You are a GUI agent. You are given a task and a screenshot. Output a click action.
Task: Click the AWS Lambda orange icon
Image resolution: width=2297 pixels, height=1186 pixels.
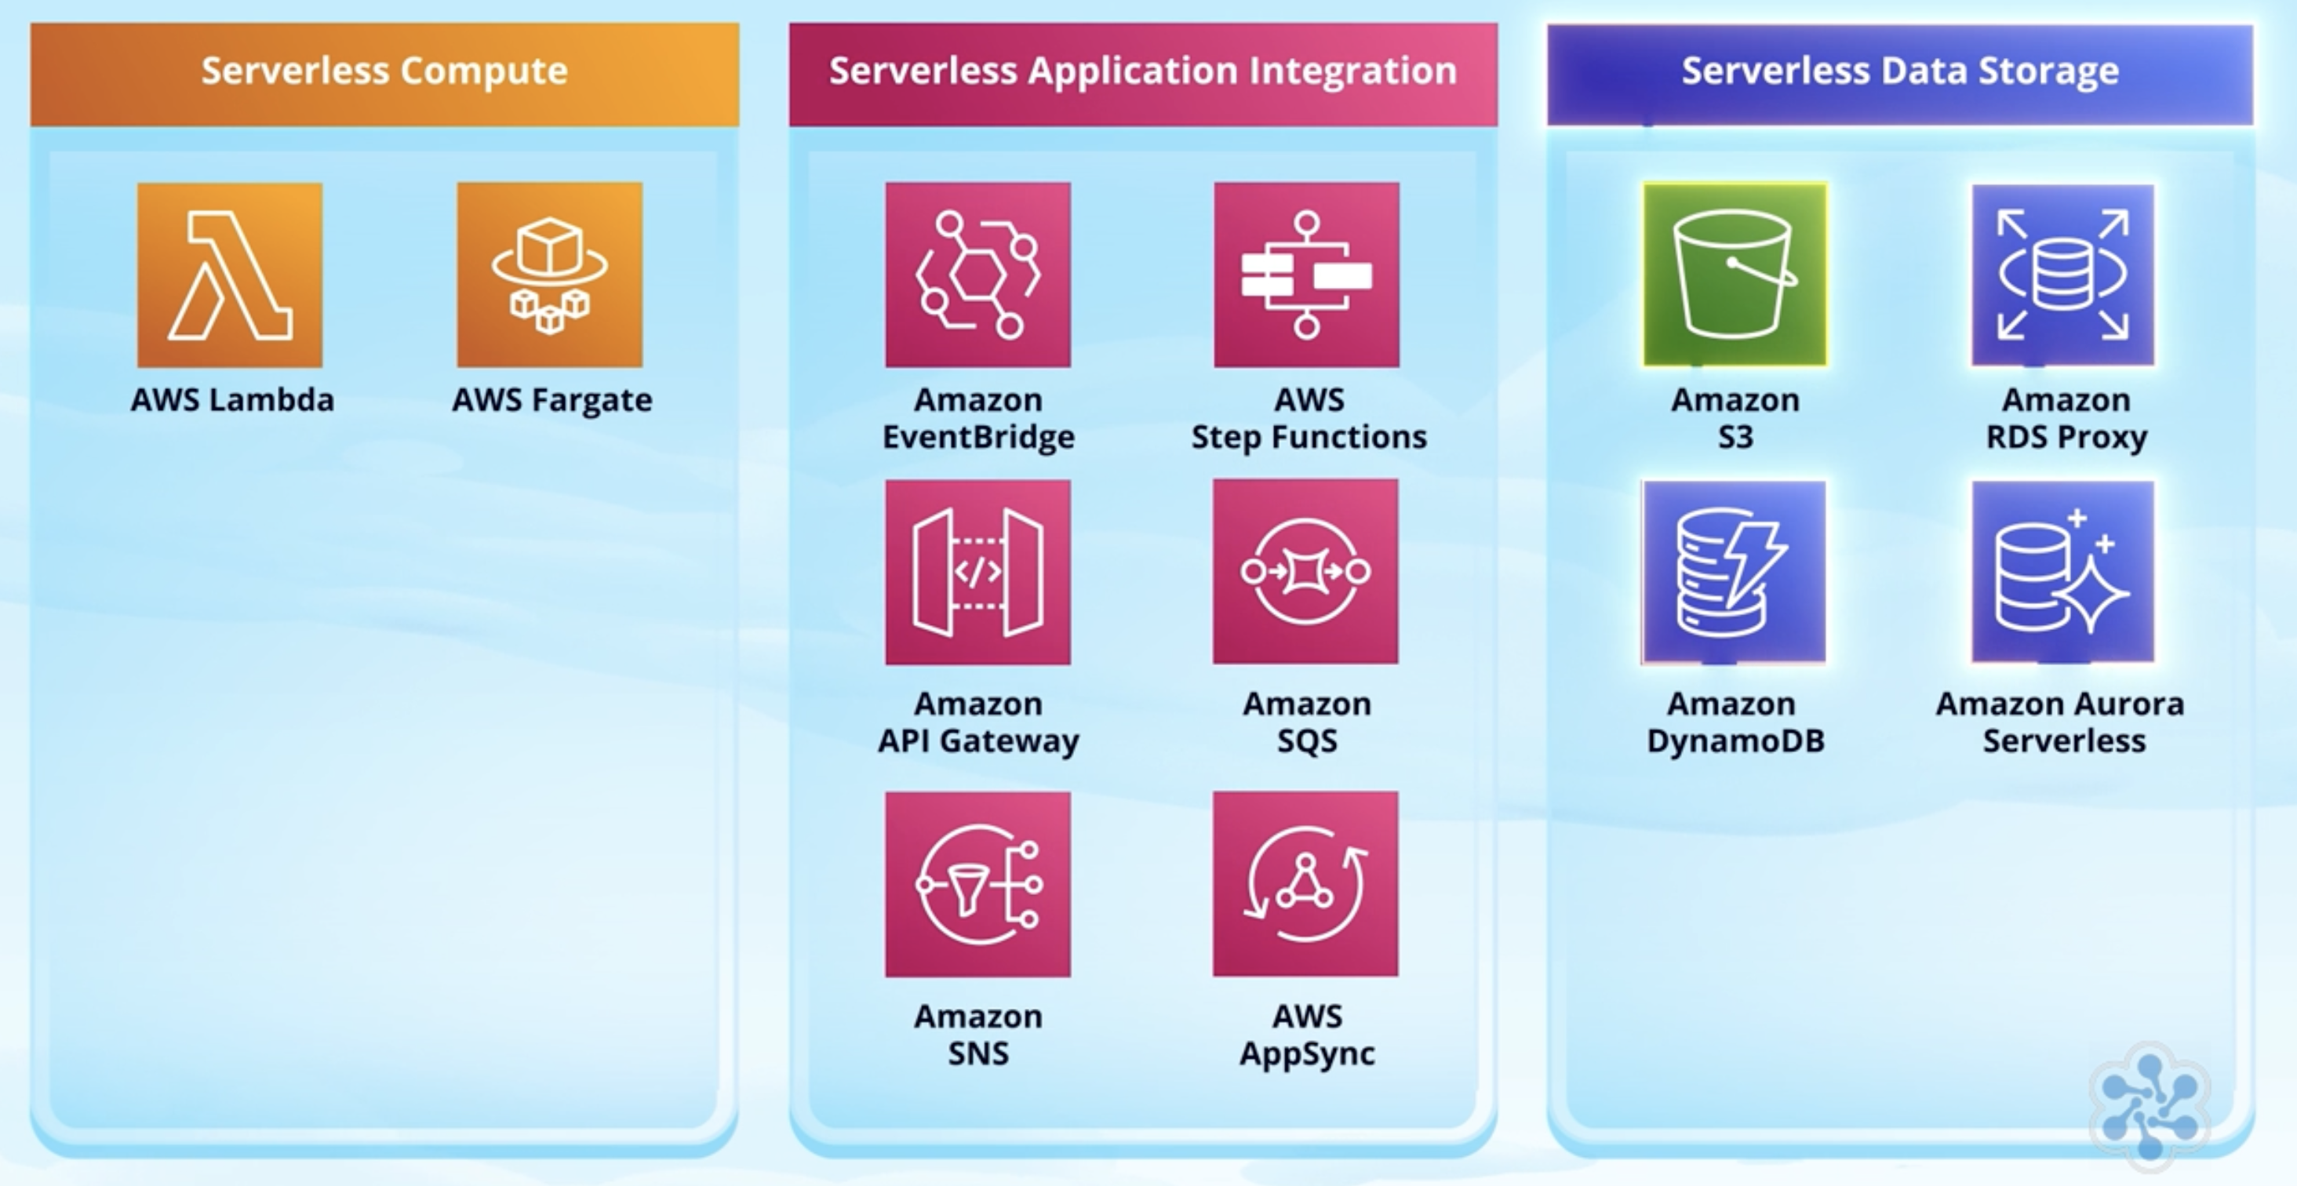coord(230,275)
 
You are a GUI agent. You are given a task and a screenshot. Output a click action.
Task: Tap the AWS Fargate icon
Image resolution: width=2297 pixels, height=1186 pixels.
coord(549,275)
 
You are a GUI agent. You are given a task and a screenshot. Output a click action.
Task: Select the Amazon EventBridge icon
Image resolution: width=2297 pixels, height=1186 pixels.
coord(978,275)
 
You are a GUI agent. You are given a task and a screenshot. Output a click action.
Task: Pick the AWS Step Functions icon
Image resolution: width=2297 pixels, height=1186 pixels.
coord(1306,275)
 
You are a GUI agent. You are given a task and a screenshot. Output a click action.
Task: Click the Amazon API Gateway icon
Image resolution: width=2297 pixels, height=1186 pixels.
coord(978,572)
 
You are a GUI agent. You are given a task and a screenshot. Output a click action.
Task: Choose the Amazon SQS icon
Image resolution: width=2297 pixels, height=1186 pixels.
coord(1305,572)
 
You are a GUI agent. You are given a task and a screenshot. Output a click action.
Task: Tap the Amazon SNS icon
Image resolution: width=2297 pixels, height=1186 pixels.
coord(978,884)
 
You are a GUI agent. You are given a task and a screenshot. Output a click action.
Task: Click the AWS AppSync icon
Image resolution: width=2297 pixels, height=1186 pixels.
coord(1305,884)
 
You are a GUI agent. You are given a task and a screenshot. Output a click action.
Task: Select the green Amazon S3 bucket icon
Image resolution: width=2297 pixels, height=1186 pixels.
coord(1735,275)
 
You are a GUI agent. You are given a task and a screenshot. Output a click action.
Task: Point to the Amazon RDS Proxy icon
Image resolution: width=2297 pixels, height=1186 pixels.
coord(2063,275)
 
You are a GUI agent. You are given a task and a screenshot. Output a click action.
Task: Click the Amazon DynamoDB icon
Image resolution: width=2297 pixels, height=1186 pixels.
coord(1734,572)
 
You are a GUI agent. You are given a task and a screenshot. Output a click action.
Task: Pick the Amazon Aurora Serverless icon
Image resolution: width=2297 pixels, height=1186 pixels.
coord(2063,572)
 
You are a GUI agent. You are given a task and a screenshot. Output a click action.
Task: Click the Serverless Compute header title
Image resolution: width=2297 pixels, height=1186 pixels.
coord(384,71)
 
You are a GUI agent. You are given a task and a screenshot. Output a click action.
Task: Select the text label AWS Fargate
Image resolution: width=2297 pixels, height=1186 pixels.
coord(552,400)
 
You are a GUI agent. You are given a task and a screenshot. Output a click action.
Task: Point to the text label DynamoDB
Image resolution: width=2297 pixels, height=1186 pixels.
coord(1735,741)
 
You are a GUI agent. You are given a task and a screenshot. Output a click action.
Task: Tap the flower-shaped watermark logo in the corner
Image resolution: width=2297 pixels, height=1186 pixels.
coord(2149,1106)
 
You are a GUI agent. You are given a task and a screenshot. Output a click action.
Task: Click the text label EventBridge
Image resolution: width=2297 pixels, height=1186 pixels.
coord(978,437)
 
